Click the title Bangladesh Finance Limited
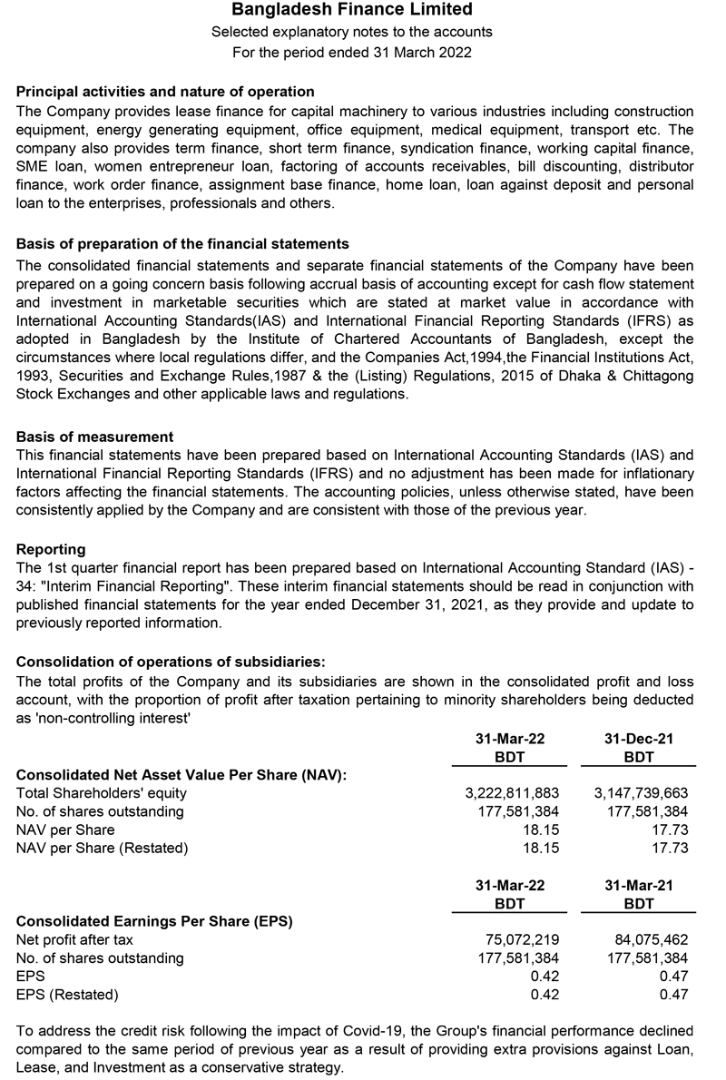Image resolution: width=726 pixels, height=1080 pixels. click(x=352, y=10)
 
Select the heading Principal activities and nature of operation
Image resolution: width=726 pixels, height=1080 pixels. click(x=165, y=92)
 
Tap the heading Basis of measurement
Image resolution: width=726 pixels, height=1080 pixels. click(x=94, y=437)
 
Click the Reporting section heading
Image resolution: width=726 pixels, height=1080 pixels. click(x=51, y=549)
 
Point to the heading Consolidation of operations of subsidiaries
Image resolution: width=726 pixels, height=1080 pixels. click(x=171, y=661)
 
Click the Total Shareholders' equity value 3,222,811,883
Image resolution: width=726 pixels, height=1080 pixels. click(x=512, y=793)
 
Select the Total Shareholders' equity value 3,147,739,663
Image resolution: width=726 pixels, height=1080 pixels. click(x=641, y=793)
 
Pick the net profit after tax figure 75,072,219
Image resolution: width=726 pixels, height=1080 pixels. click(x=523, y=939)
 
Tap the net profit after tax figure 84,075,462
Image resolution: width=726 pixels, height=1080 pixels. click(x=652, y=939)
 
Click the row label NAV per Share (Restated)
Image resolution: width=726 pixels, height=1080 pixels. click(x=103, y=849)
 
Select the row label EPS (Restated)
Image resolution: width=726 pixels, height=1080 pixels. click(x=67, y=995)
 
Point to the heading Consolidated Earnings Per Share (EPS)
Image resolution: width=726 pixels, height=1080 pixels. click(x=154, y=921)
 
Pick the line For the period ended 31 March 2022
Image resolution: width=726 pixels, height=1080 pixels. click(x=352, y=52)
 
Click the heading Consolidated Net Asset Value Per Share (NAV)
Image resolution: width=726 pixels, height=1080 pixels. click(x=182, y=774)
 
